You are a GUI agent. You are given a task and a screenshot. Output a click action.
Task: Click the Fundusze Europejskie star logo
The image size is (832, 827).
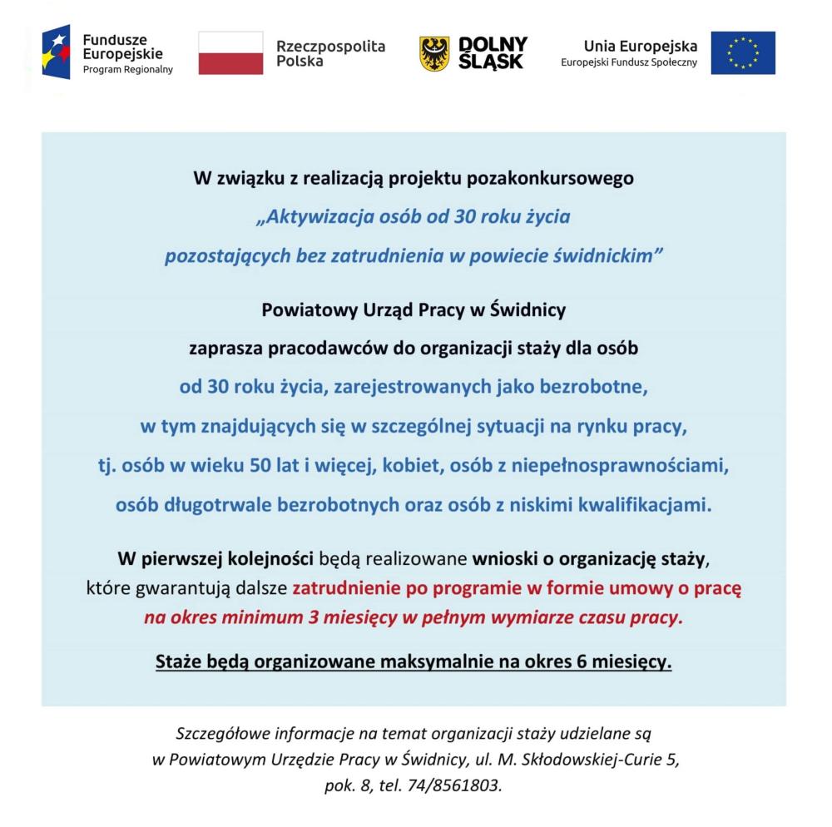pos(56,52)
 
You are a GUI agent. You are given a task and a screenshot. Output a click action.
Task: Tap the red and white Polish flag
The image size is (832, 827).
pos(230,53)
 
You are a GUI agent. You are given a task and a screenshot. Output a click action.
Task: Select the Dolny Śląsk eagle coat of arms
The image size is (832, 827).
pos(433,53)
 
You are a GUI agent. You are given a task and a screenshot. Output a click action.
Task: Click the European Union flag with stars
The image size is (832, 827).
pos(742,53)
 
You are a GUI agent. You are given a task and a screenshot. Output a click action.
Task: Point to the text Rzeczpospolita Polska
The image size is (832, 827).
pos(330,53)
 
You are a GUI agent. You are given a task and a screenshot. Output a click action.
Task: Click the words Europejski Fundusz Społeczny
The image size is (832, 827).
pos(629,63)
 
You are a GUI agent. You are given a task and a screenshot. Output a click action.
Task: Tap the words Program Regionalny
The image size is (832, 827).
pos(127,70)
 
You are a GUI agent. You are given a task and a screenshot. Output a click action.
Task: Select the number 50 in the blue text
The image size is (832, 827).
pos(260,465)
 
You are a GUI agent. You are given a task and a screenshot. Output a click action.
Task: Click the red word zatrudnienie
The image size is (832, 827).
pos(347,588)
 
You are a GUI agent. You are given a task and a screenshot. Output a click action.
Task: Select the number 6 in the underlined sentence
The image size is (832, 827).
pos(579,662)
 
